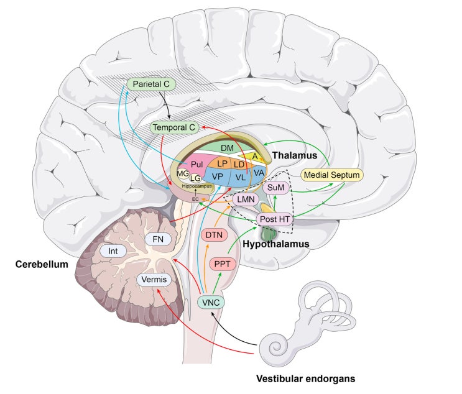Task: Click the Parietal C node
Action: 151,83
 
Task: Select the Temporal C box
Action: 174,127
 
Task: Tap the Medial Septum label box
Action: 331,175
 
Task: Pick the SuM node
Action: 274,187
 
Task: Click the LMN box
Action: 246,199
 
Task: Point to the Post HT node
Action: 275,219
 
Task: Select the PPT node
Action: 223,265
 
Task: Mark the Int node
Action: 113,251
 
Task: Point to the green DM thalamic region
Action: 227,147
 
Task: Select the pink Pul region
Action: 197,164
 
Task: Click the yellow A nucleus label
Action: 254,157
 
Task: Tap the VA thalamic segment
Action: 259,172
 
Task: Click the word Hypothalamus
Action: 276,244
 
